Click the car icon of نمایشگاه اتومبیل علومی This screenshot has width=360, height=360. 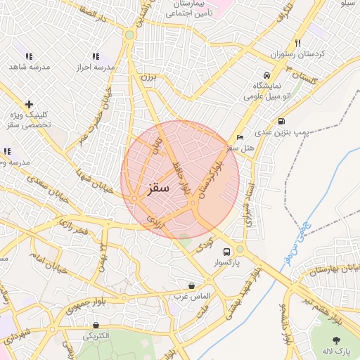[266, 75]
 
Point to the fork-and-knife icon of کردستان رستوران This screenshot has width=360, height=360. [298, 43]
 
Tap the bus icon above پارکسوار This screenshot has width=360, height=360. [226, 251]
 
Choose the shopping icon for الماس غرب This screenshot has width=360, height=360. [191, 285]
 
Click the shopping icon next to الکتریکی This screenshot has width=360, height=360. [96, 325]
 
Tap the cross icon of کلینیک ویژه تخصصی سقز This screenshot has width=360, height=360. [29, 104]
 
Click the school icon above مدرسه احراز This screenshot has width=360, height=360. [96, 56]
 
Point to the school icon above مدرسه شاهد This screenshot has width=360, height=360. [29, 56]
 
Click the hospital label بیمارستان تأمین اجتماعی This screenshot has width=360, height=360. [186, 18]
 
